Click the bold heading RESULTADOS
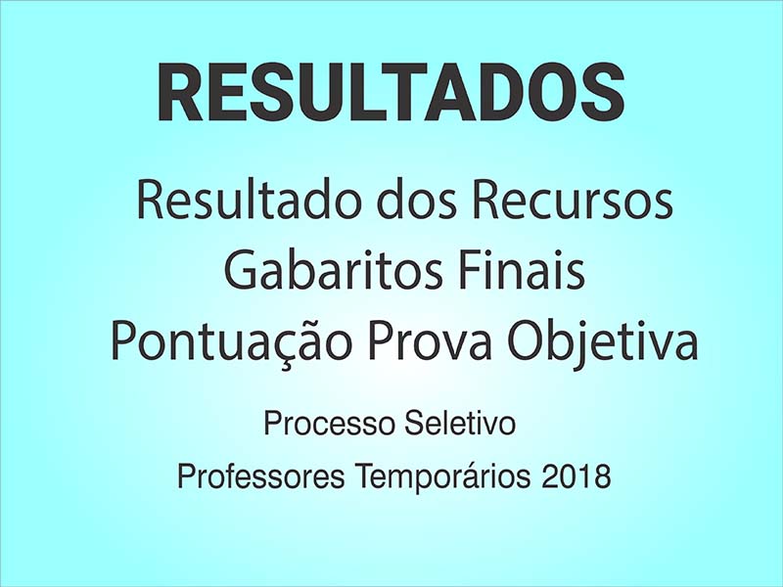point(391,93)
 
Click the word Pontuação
point(229,343)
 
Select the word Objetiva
point(603,343)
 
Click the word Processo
point(329,424)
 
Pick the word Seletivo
point(459,424)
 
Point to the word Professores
point(260,475)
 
